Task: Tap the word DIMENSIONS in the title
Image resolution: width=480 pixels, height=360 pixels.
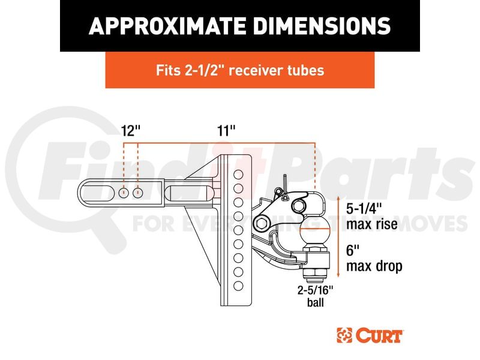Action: tap(317, 26)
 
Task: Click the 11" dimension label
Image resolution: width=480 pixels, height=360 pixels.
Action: tap(226, 131)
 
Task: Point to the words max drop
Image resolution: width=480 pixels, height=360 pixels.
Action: tap(374, 266)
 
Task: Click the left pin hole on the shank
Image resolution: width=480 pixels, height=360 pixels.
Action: tap(124, 193)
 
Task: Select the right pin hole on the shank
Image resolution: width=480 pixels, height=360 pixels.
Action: tap(139, 193)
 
